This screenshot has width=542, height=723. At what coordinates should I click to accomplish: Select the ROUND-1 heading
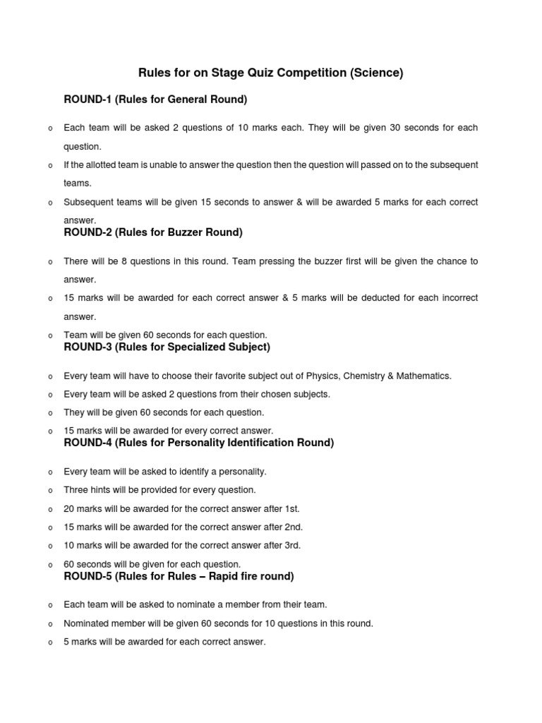155,100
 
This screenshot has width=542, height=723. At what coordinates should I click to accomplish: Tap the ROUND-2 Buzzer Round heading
153,232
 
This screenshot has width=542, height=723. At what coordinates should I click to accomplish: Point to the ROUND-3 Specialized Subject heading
167,347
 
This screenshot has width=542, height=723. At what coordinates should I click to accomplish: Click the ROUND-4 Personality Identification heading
198,443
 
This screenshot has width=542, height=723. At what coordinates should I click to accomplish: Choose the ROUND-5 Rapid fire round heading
179,576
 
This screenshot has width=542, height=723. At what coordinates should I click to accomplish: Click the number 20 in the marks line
69,509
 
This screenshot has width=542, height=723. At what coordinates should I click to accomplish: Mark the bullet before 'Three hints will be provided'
49,491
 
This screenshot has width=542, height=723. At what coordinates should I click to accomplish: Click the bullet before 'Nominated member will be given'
49,624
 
